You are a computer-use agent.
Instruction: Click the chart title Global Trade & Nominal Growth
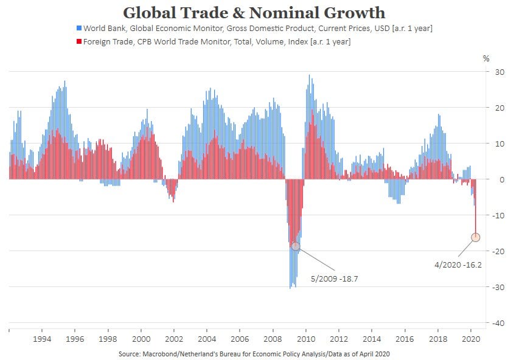click(254, 12)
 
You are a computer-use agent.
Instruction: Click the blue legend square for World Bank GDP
click(79, 29)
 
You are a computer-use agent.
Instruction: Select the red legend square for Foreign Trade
click(79, 41)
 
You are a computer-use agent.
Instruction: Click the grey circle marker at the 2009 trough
click(296, 246)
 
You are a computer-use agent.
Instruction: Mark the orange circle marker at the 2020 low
click(476, 237)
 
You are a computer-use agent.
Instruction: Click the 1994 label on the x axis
click(42, 339)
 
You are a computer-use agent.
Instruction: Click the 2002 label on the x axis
click(174, 339)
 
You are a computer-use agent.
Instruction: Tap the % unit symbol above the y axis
click(486, 59)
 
